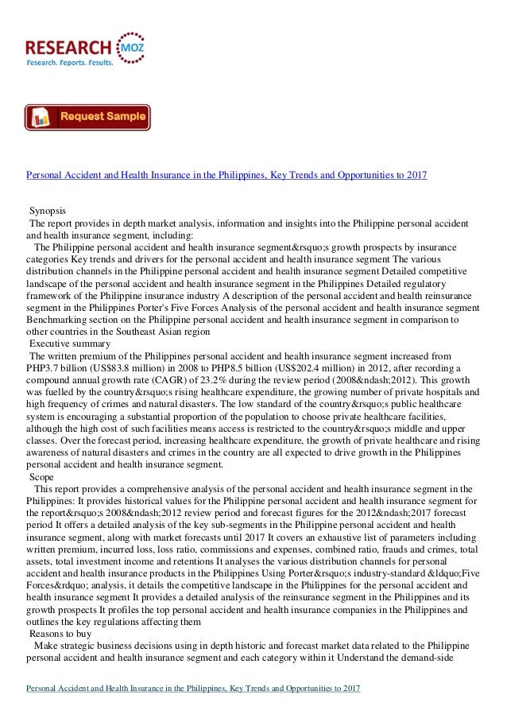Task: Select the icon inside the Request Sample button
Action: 42,118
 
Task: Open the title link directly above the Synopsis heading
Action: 227,173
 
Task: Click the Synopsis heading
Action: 48,211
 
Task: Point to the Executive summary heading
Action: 71,344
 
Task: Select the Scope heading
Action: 41,476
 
